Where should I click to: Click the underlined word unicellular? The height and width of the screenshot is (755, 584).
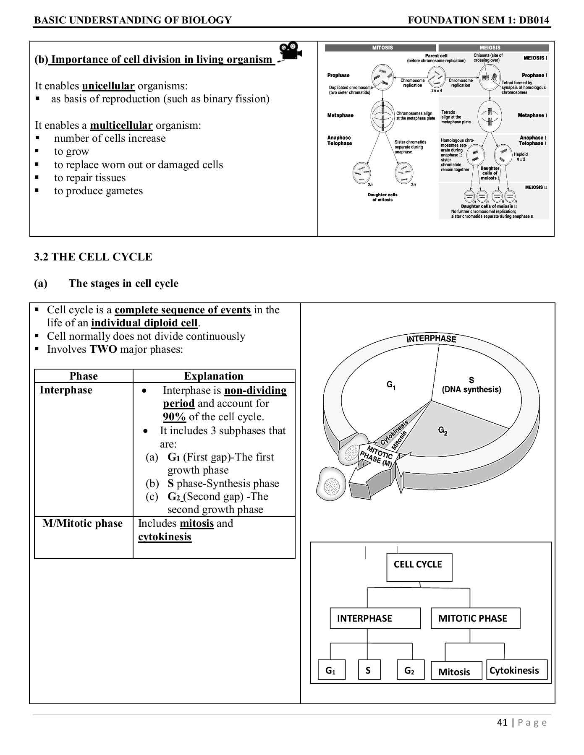pyautogui.click(x=108, y=86)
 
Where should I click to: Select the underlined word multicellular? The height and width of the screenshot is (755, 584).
pyautogui.click(x=121, y=125)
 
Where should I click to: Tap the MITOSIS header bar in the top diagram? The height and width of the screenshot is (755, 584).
pyautogui.click(x=382, y=48)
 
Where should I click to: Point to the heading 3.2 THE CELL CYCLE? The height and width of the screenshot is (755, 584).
pyautogui.click(x=93, y=257)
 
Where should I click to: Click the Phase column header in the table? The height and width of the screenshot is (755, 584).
pyautogui.click(x=84, y=376)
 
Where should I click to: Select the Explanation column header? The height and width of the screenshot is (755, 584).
pyautogui.click(x=214, y=376)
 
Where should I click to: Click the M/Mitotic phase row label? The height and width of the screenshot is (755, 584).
pyautogui.click(x=83, y=523)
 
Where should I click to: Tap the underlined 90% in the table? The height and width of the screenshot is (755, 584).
pyautogui.click(x=174, y=417)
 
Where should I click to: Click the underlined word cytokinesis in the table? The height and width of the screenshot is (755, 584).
pyautogui.click(x=165, y=537)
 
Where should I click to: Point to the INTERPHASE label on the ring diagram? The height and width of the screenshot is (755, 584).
pyautogui.click(x=431, y=339)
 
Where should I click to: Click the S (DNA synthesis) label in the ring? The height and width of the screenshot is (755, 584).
pyautogui.click(x=471, y=385)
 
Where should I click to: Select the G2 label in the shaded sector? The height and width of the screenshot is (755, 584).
pyautogui.click(x=443, y=430)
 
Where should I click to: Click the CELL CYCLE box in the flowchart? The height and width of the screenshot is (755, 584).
pyautogui.click(x=419, y=565)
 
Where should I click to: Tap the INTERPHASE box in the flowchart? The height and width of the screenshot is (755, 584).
pyautogui.click(x=375, y=618)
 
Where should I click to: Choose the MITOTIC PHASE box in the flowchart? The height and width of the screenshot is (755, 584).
pyautogui.click(x=475, y=618)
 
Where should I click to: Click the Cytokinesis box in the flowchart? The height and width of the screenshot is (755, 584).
pyautogui.click(x=517, y=670)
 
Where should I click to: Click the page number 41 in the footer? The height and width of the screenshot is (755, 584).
pyautogui.click(x=502, y=722)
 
